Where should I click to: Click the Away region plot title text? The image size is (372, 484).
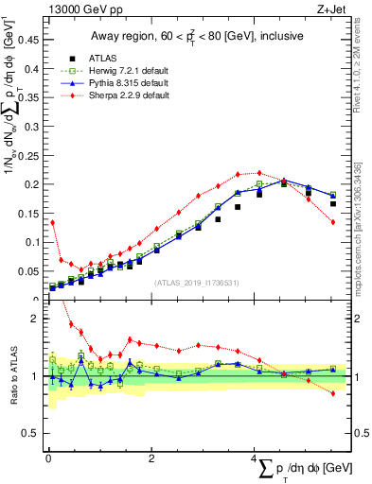point(194,37)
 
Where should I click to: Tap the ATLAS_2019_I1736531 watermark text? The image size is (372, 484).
point(196,283)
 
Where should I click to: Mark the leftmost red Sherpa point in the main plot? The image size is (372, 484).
point(52,222)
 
